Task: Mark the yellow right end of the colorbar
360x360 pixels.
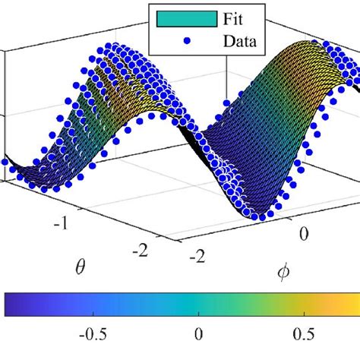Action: point(355,304)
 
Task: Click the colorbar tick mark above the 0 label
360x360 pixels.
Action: point(198,314)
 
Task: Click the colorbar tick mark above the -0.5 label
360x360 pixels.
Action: point(88,314)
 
